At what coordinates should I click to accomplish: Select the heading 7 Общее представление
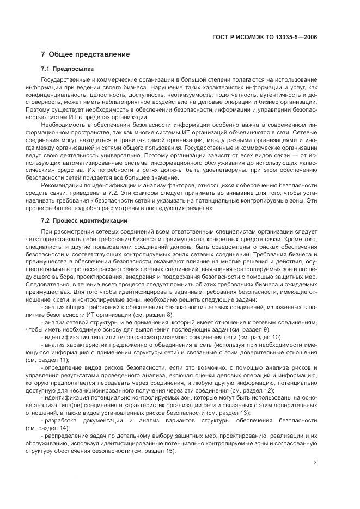coord(86,54)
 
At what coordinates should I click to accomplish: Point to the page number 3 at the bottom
coord(315,463)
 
